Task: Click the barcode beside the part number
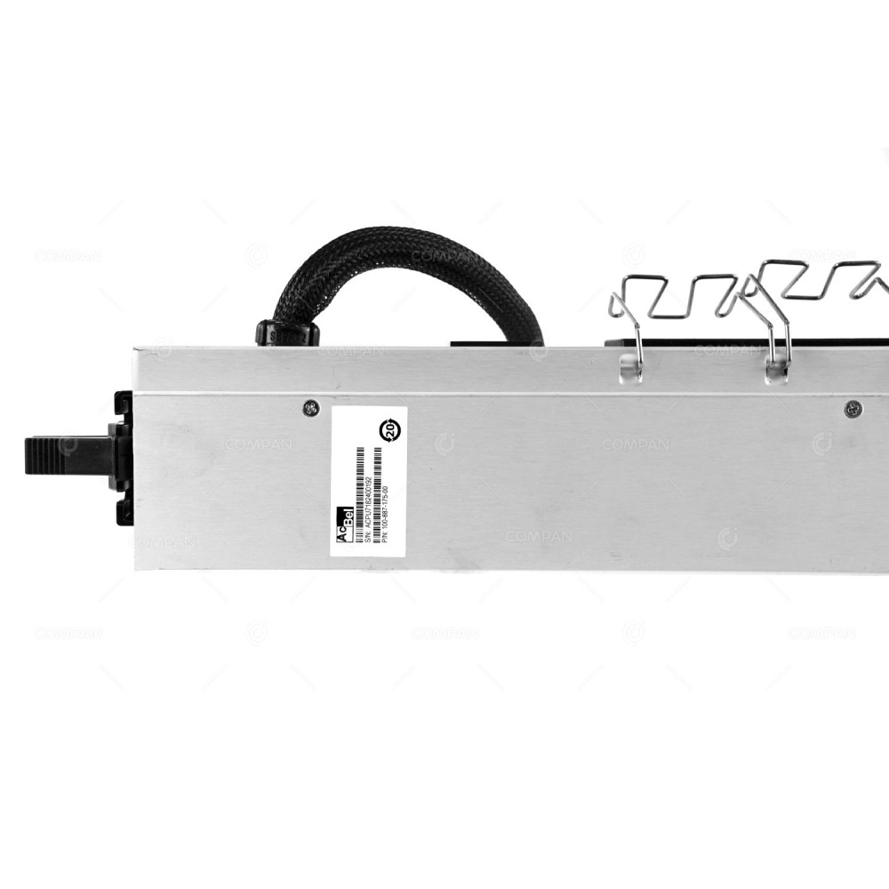coord(377,476)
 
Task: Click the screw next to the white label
coord(310,408)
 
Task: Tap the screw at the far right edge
coord(853,409)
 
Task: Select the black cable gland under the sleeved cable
coord(287,332)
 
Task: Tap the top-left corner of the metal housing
coord(137,351)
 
